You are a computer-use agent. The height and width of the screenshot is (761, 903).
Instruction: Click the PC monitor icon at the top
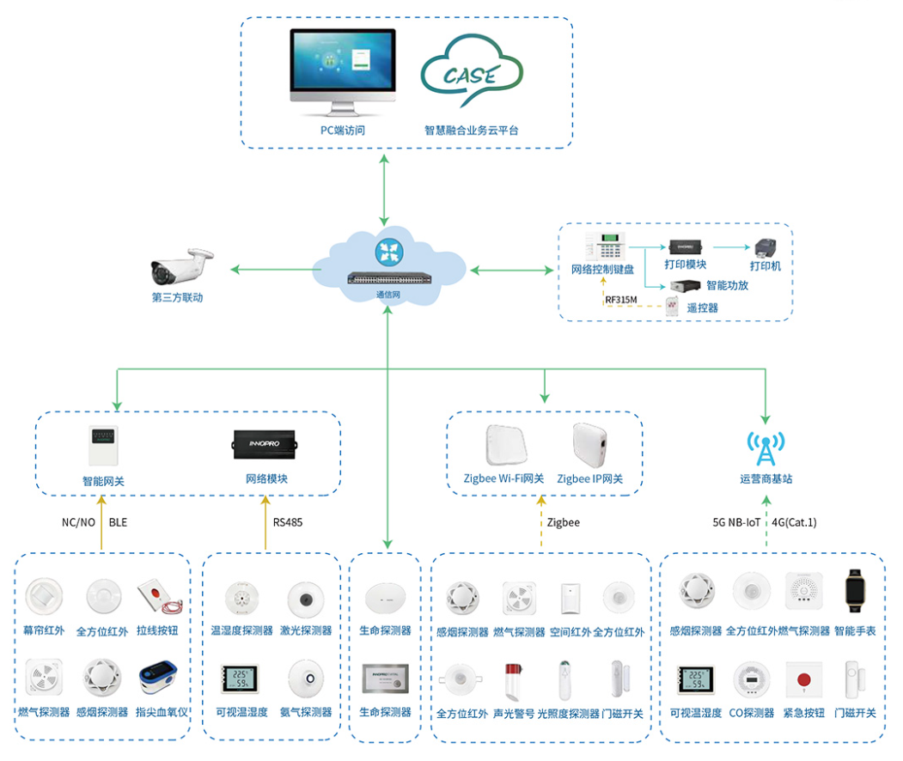click(343, 70)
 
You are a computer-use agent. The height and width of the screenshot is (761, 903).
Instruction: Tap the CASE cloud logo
click(471, 76)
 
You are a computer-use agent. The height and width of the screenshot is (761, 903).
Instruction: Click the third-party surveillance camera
click(181, 267)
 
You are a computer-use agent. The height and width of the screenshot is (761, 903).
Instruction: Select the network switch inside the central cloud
click(389, 277)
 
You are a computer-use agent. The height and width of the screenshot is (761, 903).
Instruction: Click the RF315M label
click(620, 300)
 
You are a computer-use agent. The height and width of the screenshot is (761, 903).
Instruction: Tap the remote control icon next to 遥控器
click(672, 307)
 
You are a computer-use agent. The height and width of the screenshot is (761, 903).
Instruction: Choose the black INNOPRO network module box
click(265, 444)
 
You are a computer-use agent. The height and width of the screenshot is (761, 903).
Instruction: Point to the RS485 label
click(288, 522)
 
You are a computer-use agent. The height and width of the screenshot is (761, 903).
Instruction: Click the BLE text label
click(118, 522)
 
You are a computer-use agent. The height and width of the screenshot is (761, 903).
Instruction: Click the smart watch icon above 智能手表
click(854, 592)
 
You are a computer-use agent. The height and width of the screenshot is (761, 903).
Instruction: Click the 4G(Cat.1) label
click(794, 522)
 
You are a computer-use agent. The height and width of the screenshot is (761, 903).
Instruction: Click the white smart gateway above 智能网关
click(103, 446)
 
